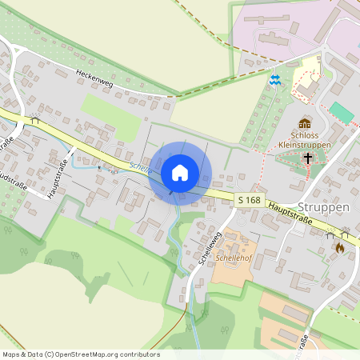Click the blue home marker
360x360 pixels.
pos(180,173)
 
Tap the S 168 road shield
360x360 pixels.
pos(249,198)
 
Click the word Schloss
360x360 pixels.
pos(305,135)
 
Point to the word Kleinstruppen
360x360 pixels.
pos(305,146)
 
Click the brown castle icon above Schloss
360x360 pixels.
pos(305,122)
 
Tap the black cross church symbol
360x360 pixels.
pos(308,158)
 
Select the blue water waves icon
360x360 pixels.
pos(274,79)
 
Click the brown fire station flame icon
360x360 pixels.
pos(339,248)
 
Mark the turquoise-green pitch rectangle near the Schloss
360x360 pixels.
pos(342,112)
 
